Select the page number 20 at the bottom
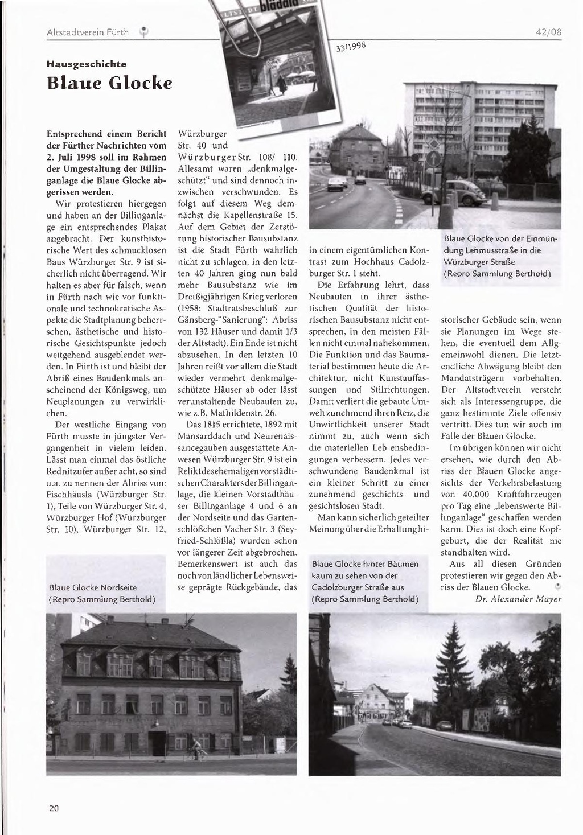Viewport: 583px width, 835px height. tap(53, 808)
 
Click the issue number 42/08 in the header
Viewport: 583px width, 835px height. tap(549, 32)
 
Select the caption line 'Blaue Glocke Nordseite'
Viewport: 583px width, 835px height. tap(93, 587)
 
